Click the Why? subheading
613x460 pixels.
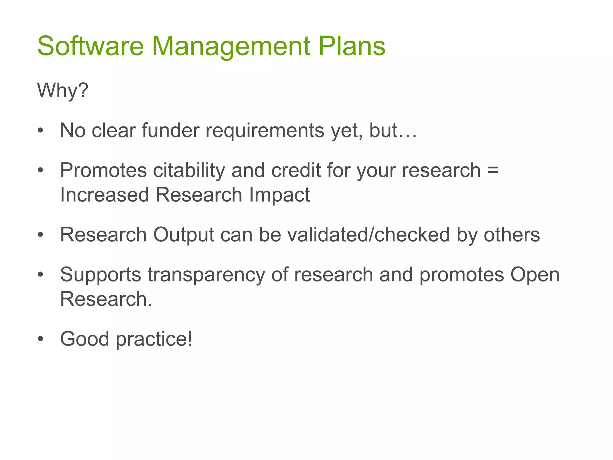63,90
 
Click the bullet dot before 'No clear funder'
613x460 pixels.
41,131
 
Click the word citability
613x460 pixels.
189,170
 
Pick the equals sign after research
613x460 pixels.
493,170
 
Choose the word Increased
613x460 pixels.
104,195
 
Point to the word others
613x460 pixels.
512,234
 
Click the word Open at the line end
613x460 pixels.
535,275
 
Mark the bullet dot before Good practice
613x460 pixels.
41,339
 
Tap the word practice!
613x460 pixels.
154,339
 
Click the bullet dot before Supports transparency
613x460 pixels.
41,274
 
